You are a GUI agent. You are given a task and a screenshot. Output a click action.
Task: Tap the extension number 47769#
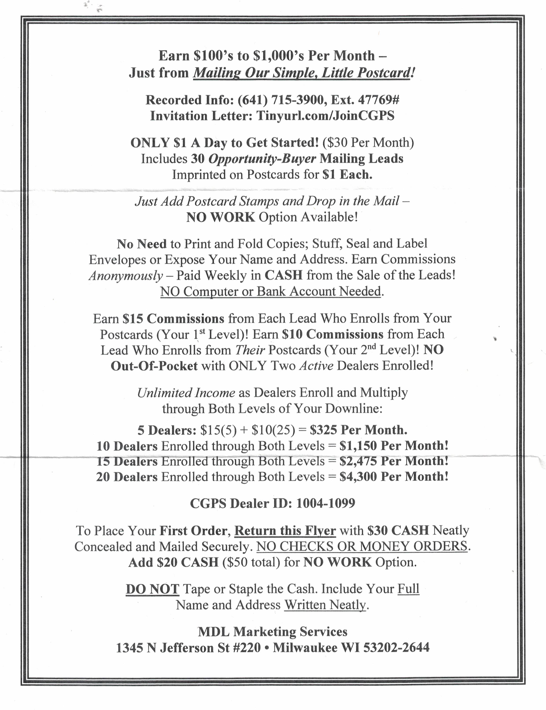click(x=378, y=100)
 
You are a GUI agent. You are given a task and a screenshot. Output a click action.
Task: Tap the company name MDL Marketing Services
click(x=273, y=632)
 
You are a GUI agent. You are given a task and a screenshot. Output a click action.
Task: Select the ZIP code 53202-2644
click(x=396, y=648)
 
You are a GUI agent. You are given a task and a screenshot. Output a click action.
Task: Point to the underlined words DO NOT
click(x=152, y=589)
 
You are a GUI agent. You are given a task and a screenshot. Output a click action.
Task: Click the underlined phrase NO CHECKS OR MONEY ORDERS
click(x=362, y=546)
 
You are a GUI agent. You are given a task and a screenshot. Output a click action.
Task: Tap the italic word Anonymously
click(x=126, y=276)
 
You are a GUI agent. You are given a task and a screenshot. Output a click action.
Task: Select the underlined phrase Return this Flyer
click(x=285, y=531)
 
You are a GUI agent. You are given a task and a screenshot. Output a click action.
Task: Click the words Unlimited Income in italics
click(x=186, y=393)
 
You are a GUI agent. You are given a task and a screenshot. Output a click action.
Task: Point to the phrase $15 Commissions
click(x=173, y=319)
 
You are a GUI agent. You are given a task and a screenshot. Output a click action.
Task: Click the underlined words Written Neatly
click(x=325, y=605)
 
